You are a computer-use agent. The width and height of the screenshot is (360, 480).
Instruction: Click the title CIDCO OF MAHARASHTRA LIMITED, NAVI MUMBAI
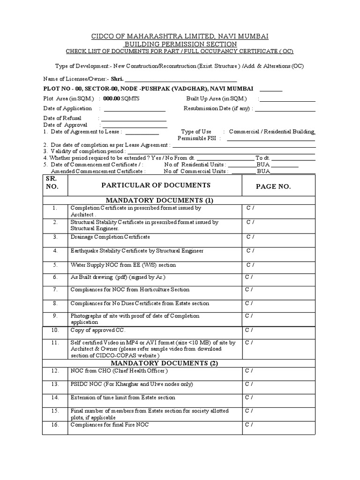(180, 36)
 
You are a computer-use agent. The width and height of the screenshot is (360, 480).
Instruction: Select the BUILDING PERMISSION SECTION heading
(180, 44)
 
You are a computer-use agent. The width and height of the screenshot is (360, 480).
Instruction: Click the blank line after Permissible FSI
(271, 139)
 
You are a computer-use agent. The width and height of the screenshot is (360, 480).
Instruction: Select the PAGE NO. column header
(273, 187)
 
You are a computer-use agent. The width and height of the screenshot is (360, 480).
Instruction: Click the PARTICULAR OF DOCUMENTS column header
(156, 186)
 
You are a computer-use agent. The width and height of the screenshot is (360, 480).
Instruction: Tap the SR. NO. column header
(52, 183)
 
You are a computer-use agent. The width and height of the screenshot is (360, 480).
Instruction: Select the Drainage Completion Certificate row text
(110, 237)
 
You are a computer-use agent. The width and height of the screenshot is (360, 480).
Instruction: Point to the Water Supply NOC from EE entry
(123, 265)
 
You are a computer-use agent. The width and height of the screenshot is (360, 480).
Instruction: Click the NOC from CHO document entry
(119, 371)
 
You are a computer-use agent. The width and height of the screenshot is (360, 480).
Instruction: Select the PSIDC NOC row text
(125, 384)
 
